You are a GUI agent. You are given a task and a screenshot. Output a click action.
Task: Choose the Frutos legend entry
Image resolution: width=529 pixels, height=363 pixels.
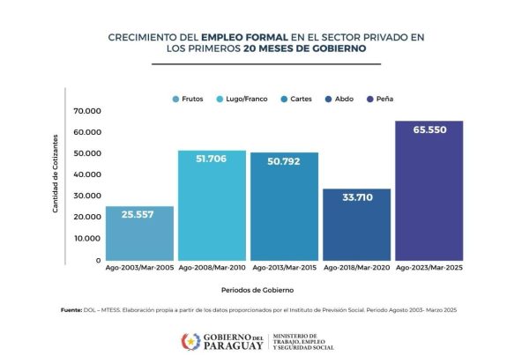(187, 100)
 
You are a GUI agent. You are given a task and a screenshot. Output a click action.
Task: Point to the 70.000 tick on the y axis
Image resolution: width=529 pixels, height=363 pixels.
(88, 111)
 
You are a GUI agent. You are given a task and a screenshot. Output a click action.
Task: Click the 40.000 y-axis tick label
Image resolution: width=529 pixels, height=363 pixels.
(88, 174)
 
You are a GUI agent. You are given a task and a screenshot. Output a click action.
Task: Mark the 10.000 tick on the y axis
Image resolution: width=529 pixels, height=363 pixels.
(88, 238)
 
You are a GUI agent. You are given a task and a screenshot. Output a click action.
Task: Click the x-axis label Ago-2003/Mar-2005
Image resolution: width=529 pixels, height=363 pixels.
(139, 267)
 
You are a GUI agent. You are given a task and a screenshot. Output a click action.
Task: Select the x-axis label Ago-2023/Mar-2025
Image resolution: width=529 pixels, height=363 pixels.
(428, 267)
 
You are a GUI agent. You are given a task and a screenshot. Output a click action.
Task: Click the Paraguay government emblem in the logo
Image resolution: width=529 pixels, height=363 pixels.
(190, 341)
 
